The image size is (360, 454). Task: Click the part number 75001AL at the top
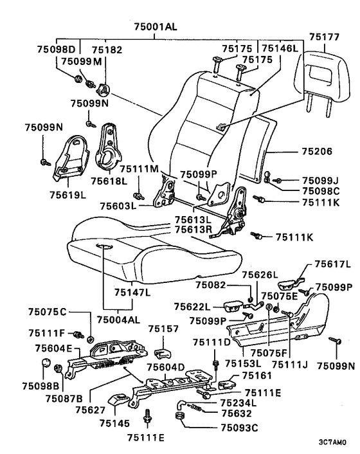(x=155, y=26)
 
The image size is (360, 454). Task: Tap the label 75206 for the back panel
(x=317, y=151)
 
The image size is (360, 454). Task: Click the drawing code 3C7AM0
(x=332, y=442)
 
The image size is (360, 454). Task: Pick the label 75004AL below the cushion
(x=118, y=320)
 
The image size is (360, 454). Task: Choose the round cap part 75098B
(x=46, y=363)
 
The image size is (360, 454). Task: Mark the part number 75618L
(x=109, y=181)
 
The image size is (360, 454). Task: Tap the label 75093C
(x=239, y=428)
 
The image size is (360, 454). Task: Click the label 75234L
(x=239, y=403)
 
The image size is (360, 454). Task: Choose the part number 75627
(x=91, y=410)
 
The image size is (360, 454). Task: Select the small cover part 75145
(x=118, y=401)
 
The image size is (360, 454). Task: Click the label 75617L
(x=332, y=264)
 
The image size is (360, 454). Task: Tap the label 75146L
(x=280, y=48)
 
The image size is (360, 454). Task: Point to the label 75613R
(x=194, y=230)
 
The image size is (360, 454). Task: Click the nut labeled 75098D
(x=78, y=78)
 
